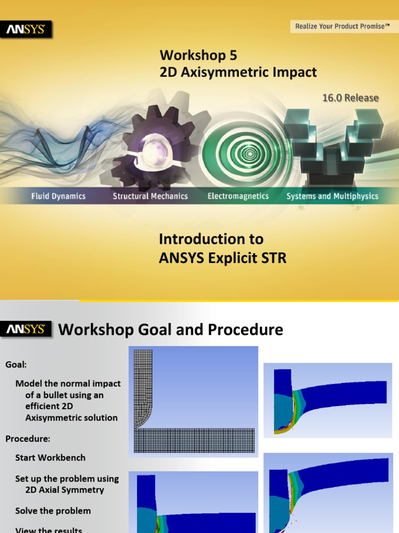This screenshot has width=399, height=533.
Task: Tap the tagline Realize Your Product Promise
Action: point(342,26)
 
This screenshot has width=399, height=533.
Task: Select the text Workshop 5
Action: point(198,55)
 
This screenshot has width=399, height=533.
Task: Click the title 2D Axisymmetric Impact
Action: point(238,72)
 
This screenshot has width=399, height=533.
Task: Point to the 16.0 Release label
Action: point(350,98)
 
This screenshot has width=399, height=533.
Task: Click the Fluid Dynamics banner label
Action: point(58,196)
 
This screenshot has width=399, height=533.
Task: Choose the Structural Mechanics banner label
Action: point(150,196)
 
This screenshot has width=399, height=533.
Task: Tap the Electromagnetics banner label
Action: point(238,196)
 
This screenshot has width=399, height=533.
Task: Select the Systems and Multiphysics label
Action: point(332,196)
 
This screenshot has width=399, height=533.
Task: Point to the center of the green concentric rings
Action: point(250,154)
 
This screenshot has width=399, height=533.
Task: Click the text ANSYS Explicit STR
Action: point(222,258)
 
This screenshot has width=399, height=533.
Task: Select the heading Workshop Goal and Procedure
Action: point(170,329)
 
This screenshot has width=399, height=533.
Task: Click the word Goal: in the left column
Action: point(16,364)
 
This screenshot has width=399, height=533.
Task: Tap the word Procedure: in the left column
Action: point(28,439)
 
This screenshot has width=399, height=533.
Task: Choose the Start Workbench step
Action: point(50,458)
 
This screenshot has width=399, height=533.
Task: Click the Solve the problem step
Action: point(53,511)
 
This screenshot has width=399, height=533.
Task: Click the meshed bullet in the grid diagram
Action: point(143,385)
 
